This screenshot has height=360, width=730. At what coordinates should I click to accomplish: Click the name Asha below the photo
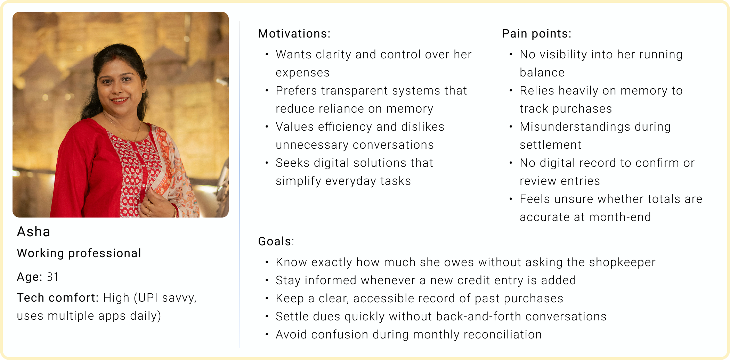tap(33, 232)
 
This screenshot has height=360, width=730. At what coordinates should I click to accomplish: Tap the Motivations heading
tap(294, 34)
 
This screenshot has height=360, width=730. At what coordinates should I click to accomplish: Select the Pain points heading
tap(537, 34)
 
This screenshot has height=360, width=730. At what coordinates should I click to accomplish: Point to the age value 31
tap(52, 277)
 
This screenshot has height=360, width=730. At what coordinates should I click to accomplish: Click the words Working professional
tap(79, 253)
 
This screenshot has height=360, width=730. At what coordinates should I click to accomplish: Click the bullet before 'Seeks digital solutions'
tap(267, 163)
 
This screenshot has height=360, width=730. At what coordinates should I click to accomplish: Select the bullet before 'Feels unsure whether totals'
tap(511, 199)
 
